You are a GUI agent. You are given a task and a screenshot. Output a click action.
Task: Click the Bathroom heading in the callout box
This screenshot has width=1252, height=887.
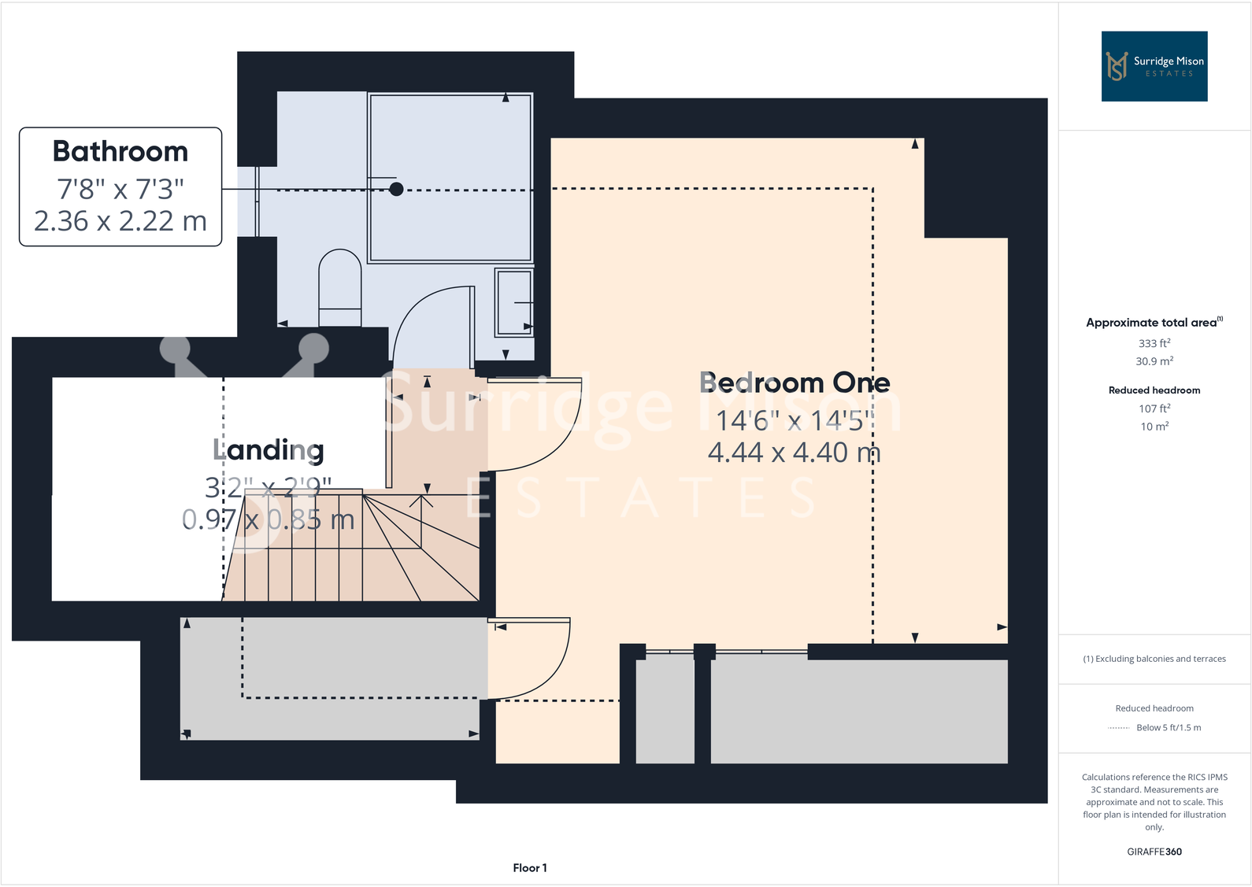120,151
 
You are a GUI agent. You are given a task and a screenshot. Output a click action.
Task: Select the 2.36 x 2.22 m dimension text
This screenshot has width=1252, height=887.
120,221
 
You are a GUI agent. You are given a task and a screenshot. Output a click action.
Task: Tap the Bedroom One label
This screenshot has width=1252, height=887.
795,383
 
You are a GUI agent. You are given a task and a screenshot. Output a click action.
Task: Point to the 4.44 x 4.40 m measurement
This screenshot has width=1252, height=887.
794,453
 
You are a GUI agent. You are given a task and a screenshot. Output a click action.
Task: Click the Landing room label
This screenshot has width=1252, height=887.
269,449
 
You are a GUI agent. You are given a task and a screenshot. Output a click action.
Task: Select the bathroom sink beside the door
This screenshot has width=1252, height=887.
513,302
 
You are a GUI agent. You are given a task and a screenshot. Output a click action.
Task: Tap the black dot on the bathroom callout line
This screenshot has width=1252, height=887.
397,189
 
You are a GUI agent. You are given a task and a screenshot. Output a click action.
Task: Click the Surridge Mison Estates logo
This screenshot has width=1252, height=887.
1154,66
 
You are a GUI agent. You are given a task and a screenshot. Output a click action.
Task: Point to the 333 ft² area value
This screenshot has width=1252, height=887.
1154,343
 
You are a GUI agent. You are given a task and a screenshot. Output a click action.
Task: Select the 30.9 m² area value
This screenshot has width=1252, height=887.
1154,361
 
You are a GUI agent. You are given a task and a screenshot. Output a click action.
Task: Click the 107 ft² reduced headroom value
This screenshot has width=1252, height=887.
1154,408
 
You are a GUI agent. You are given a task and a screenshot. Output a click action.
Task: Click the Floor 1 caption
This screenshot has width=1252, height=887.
529,867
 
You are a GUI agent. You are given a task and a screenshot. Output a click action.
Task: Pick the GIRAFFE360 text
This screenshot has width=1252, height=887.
1154,852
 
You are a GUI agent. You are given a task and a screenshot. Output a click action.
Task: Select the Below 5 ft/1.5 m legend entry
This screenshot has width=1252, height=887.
1168,727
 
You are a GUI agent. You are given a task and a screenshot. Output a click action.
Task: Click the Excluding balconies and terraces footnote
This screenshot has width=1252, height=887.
1154,659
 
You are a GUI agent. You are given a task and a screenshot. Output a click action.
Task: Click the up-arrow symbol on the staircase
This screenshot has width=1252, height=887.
422,501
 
